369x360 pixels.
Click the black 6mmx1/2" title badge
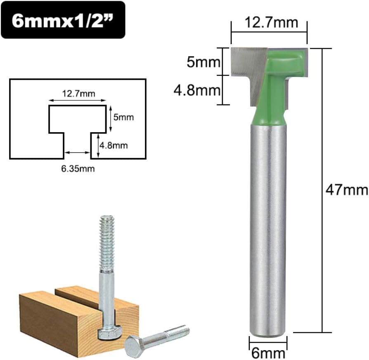pos(63,20)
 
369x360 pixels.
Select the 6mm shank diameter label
pos(268,353)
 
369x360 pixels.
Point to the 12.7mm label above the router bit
pos(271,22)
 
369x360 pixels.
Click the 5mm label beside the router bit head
pos(203,62)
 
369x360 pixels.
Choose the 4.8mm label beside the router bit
pos(197,90)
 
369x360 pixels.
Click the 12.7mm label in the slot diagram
pos(79,94)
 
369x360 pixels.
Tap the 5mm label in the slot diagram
pos(123,117)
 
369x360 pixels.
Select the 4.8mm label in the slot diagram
pos(114,145)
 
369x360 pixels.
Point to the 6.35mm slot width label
pos(78,168)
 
